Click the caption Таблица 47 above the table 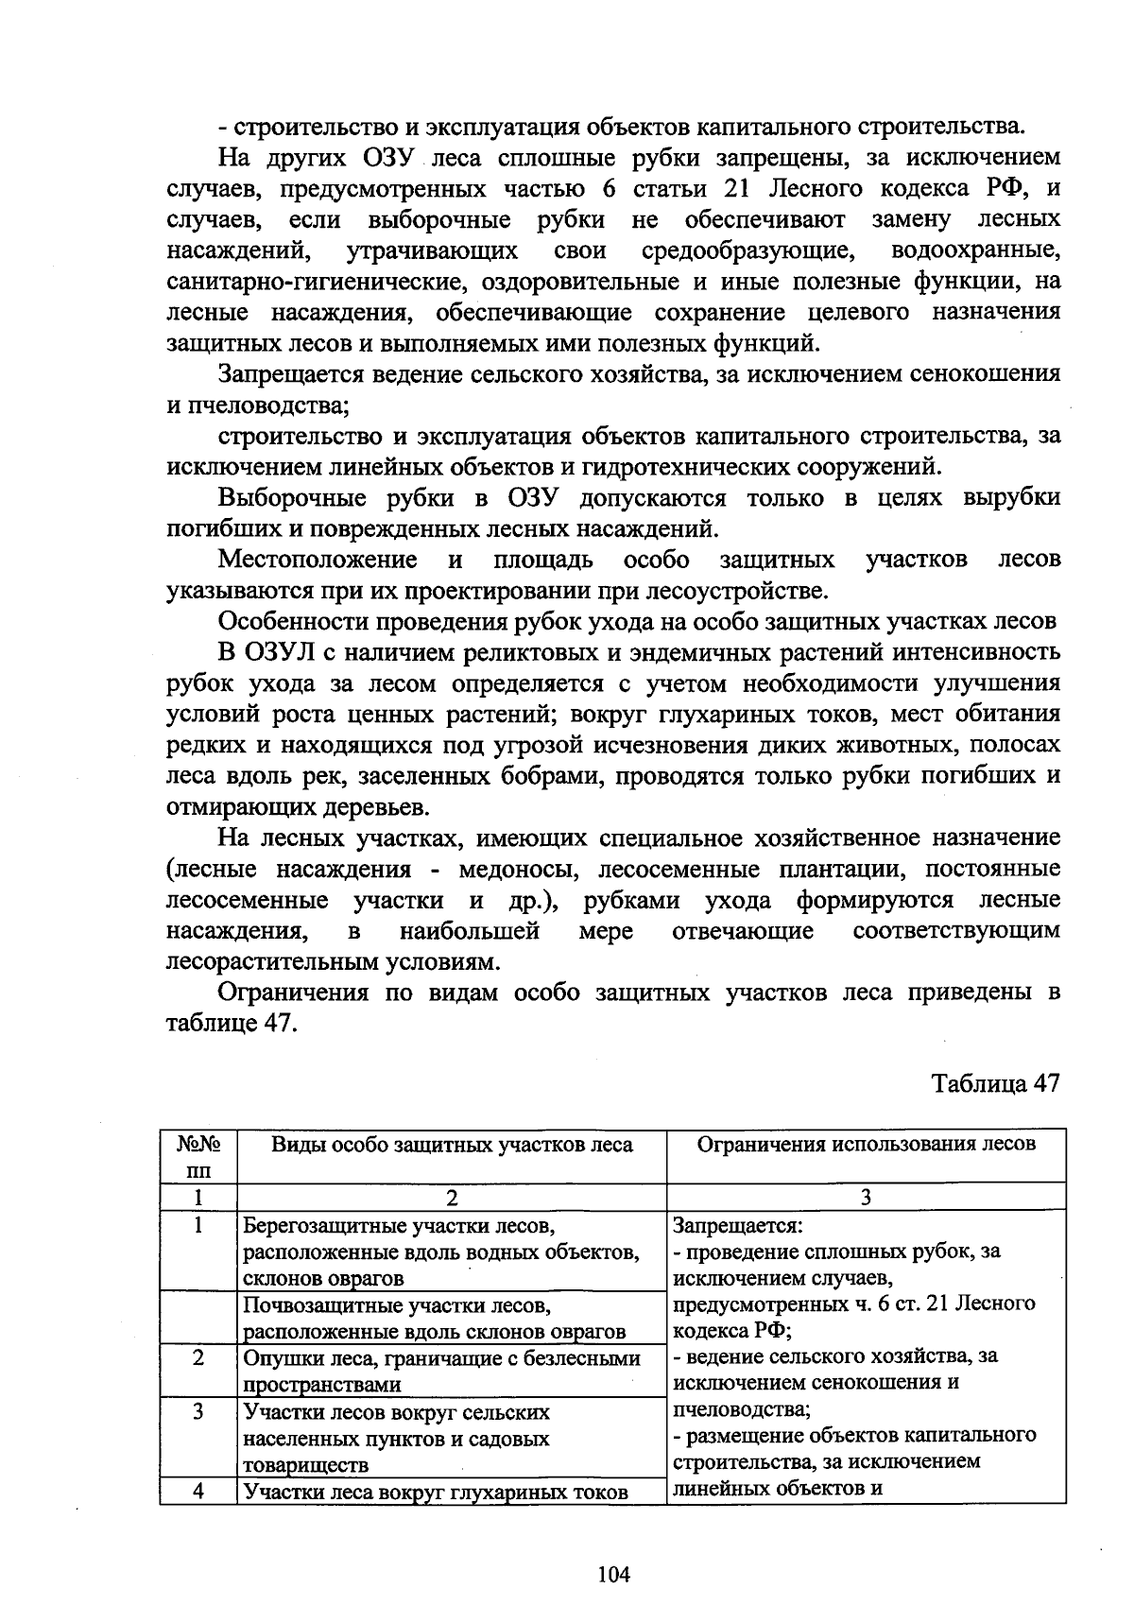[x=996, y=1083]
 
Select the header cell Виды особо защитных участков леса [x=452, y=1145]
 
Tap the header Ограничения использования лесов [x=866, y=1144]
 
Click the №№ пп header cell [x=198, y=1156]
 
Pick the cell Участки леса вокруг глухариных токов [x=436, y=1493]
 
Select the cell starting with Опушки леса [x=441, y=1371]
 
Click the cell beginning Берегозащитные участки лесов [x=441, y=1252]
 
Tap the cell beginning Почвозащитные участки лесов [x=435, y=1319]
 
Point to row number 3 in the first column [x=198, y=1412]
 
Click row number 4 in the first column [x=198, y=1492]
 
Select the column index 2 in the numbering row [x=452, y=1198]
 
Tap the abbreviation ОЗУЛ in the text [x=288, y=653]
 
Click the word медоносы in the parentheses [x=518, y=870]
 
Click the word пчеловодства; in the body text [x=259, y=406]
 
